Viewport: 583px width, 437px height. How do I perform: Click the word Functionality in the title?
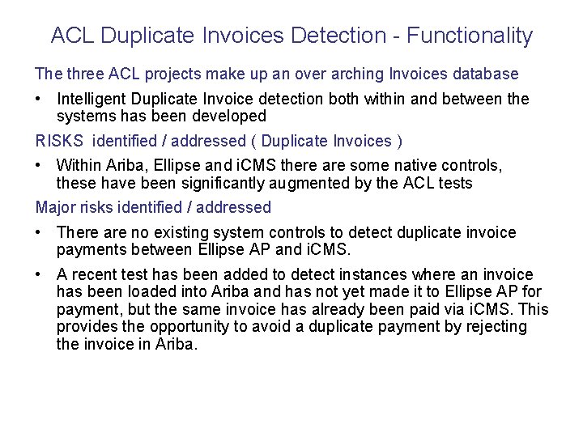pyautogui.click(x=470, y=36)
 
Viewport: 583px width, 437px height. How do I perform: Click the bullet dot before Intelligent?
pyautogui.click(x=40, y=100)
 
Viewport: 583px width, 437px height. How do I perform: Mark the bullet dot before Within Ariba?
pyautogui.click(x=40, y=166)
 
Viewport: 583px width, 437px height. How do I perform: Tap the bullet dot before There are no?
pyautogui.click(x=40, y=233)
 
